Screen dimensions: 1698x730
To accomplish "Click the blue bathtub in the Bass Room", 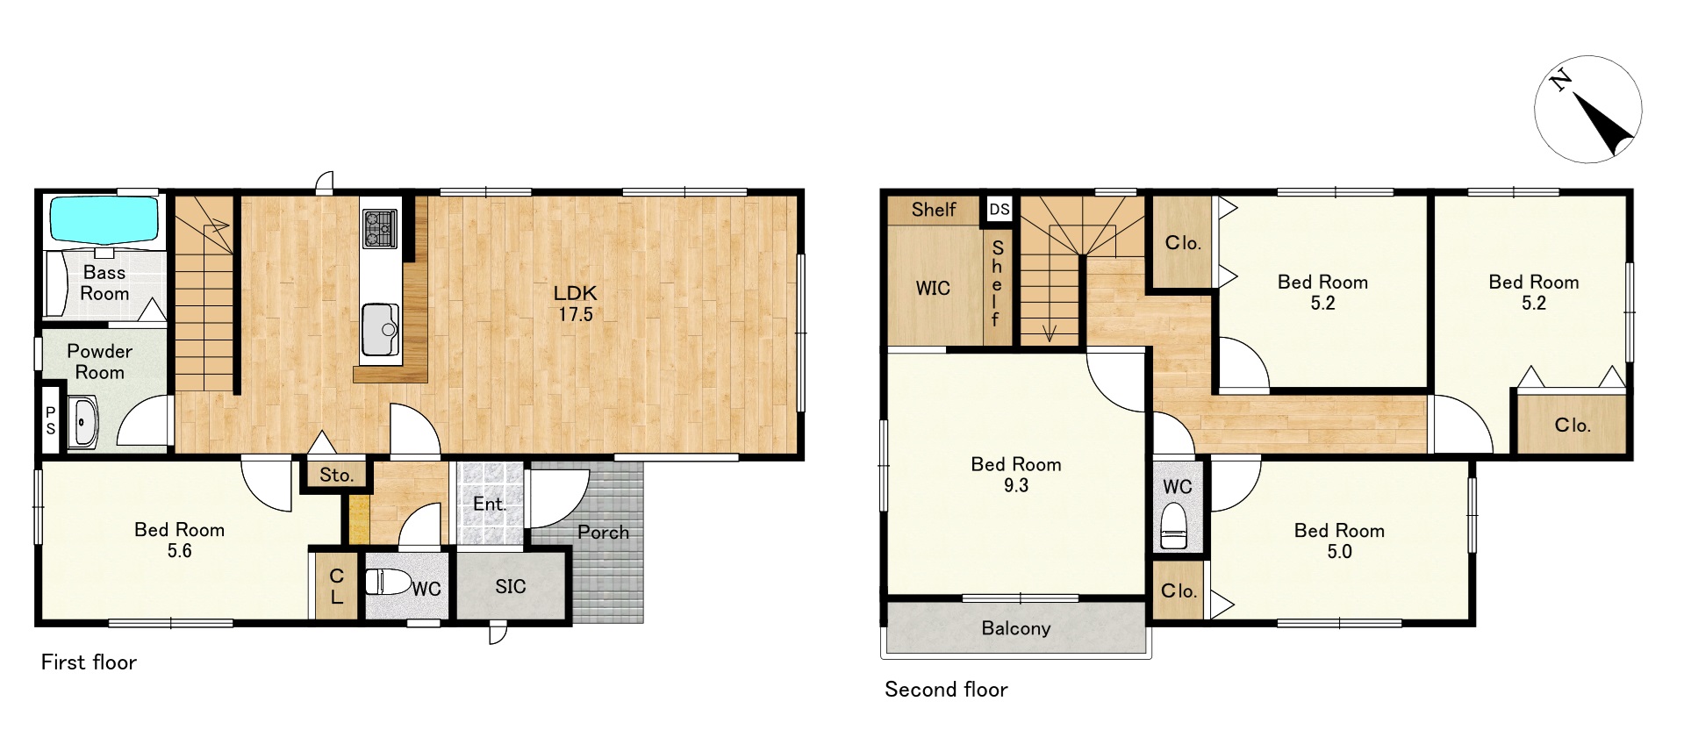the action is tap(104, 218).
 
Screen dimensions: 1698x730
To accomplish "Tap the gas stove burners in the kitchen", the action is tap(380, 228).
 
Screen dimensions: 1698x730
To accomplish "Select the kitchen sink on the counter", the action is tap(381, 330).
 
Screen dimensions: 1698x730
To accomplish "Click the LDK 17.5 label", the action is tap(576, 304).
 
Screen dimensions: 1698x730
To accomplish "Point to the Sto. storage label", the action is tap(337, 476).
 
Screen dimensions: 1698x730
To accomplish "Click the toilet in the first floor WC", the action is tap(388, 582).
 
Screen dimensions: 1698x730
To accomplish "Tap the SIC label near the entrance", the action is tap(511, 586).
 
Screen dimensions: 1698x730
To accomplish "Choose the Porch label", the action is tap(603, 532).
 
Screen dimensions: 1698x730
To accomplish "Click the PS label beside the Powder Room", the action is tap(50, 420).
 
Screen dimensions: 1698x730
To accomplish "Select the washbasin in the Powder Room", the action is tap(83, 425).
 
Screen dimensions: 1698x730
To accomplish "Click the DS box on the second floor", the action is tap(999, 209).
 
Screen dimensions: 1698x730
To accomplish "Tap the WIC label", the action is tap(933, 288).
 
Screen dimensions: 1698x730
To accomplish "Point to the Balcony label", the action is tap(1016, 628).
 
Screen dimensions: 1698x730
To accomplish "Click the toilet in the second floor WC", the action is tap(1173, 526).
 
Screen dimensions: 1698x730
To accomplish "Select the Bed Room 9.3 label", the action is tap(1016, 475).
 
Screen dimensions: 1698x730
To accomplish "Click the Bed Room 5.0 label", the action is tap(1339, 541).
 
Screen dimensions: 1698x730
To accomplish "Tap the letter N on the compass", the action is tap(1560, 82).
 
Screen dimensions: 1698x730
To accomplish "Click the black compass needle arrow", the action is tap(1604, 124).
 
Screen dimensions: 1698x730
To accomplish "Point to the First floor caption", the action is tap(89, 662).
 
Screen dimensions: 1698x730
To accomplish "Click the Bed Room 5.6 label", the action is tap(179, 540).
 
